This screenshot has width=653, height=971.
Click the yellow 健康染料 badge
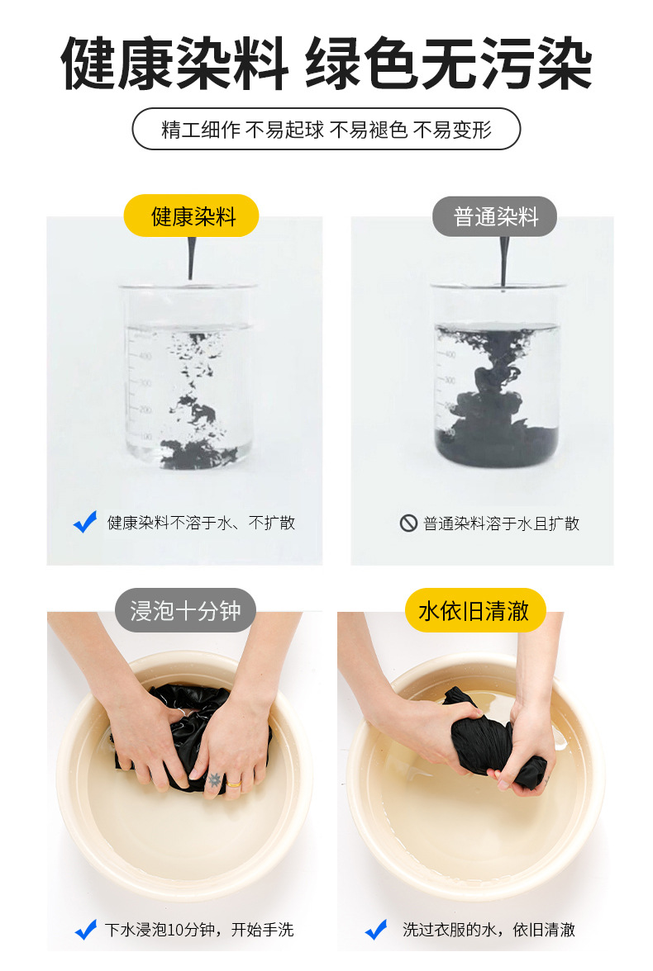[x=192, y=216]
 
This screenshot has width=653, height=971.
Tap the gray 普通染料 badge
[x=495, y=216]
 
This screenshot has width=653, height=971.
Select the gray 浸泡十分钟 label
[x=185, y=611]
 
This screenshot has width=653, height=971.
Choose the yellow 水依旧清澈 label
[x=475, y=611]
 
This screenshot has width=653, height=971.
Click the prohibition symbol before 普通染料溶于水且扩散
[x=408, y=523]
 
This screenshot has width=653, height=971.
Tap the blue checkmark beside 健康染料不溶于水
[x=85, y=522]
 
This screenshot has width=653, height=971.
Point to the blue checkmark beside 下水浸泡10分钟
[x=86, y=930]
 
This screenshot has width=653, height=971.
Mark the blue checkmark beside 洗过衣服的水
[x=376, y=930]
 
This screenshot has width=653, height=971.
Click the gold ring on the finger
[x=235, y=784]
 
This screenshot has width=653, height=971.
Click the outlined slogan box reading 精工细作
[x=326, y=129]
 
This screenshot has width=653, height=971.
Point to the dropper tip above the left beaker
[x=191, y=278]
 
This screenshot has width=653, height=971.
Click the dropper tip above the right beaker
[x=503, y=287]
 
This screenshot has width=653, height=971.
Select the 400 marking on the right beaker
[x=450, y=355]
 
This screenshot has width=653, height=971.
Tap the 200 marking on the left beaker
[x=145, y=410]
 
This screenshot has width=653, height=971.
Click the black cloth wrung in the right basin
[x=497, y=740]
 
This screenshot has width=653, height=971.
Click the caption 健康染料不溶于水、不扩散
[x=201, y=523]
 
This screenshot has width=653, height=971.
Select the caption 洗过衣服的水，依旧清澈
[x=489, y=930]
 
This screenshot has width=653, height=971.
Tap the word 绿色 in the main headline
[x=363, y=64]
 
